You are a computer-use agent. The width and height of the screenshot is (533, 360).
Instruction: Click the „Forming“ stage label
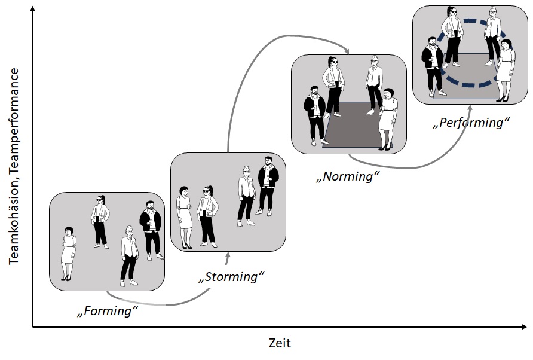(x=108, y=311)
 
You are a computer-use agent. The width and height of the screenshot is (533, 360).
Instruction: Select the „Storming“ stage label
(x=231, y=277)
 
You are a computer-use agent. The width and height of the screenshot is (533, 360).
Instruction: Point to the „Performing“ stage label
(x=471, y=123)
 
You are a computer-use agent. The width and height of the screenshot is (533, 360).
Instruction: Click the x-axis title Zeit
(x=279, y=343)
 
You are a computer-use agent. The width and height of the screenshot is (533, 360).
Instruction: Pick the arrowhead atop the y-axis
(x=32, y=7)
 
